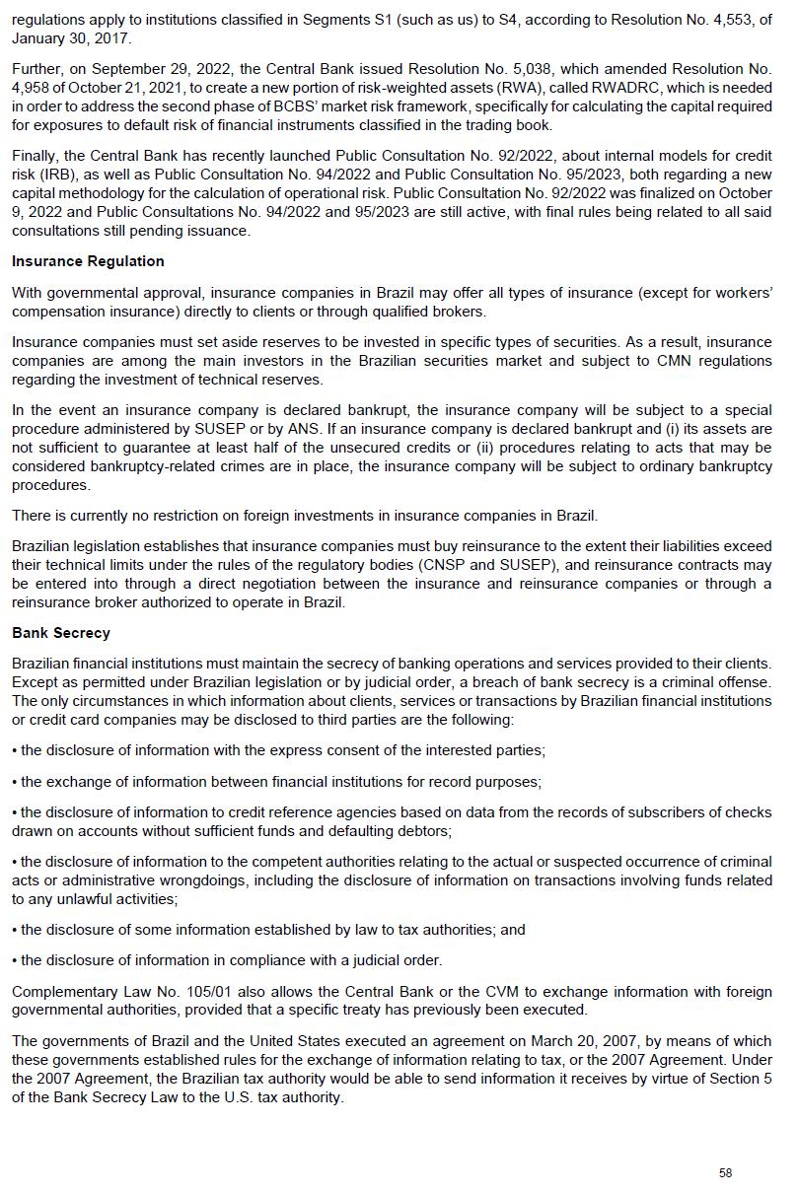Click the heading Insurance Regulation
pyautogui.click(x=88, y=261)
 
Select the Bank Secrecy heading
pyautogui.click(x=61, y=633)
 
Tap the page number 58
pyautogui.click(x=726, y=1172)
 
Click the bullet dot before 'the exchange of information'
pyautogui.click(x=15, y=782)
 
